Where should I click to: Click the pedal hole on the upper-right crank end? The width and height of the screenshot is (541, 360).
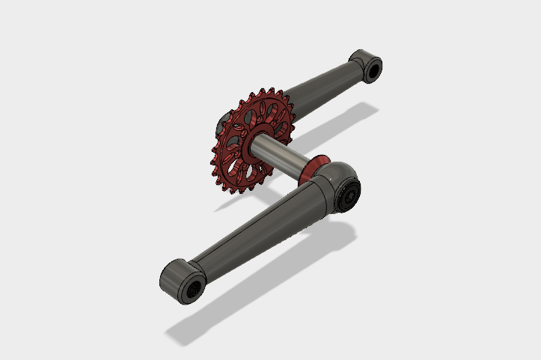point(371,70)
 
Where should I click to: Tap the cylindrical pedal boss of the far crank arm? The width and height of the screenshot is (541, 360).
point(362,62)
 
